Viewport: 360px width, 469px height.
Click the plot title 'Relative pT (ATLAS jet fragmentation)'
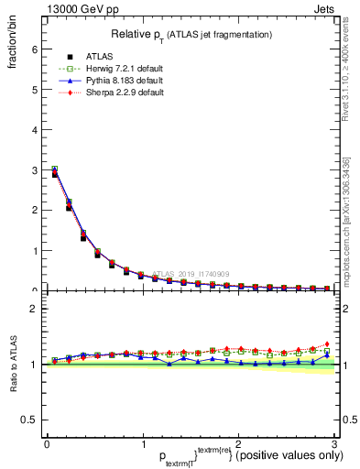(x=191, y=34)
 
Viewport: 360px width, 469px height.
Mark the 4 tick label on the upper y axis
(x=33, y=130)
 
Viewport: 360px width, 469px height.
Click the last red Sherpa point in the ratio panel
(x=327, y=344)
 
